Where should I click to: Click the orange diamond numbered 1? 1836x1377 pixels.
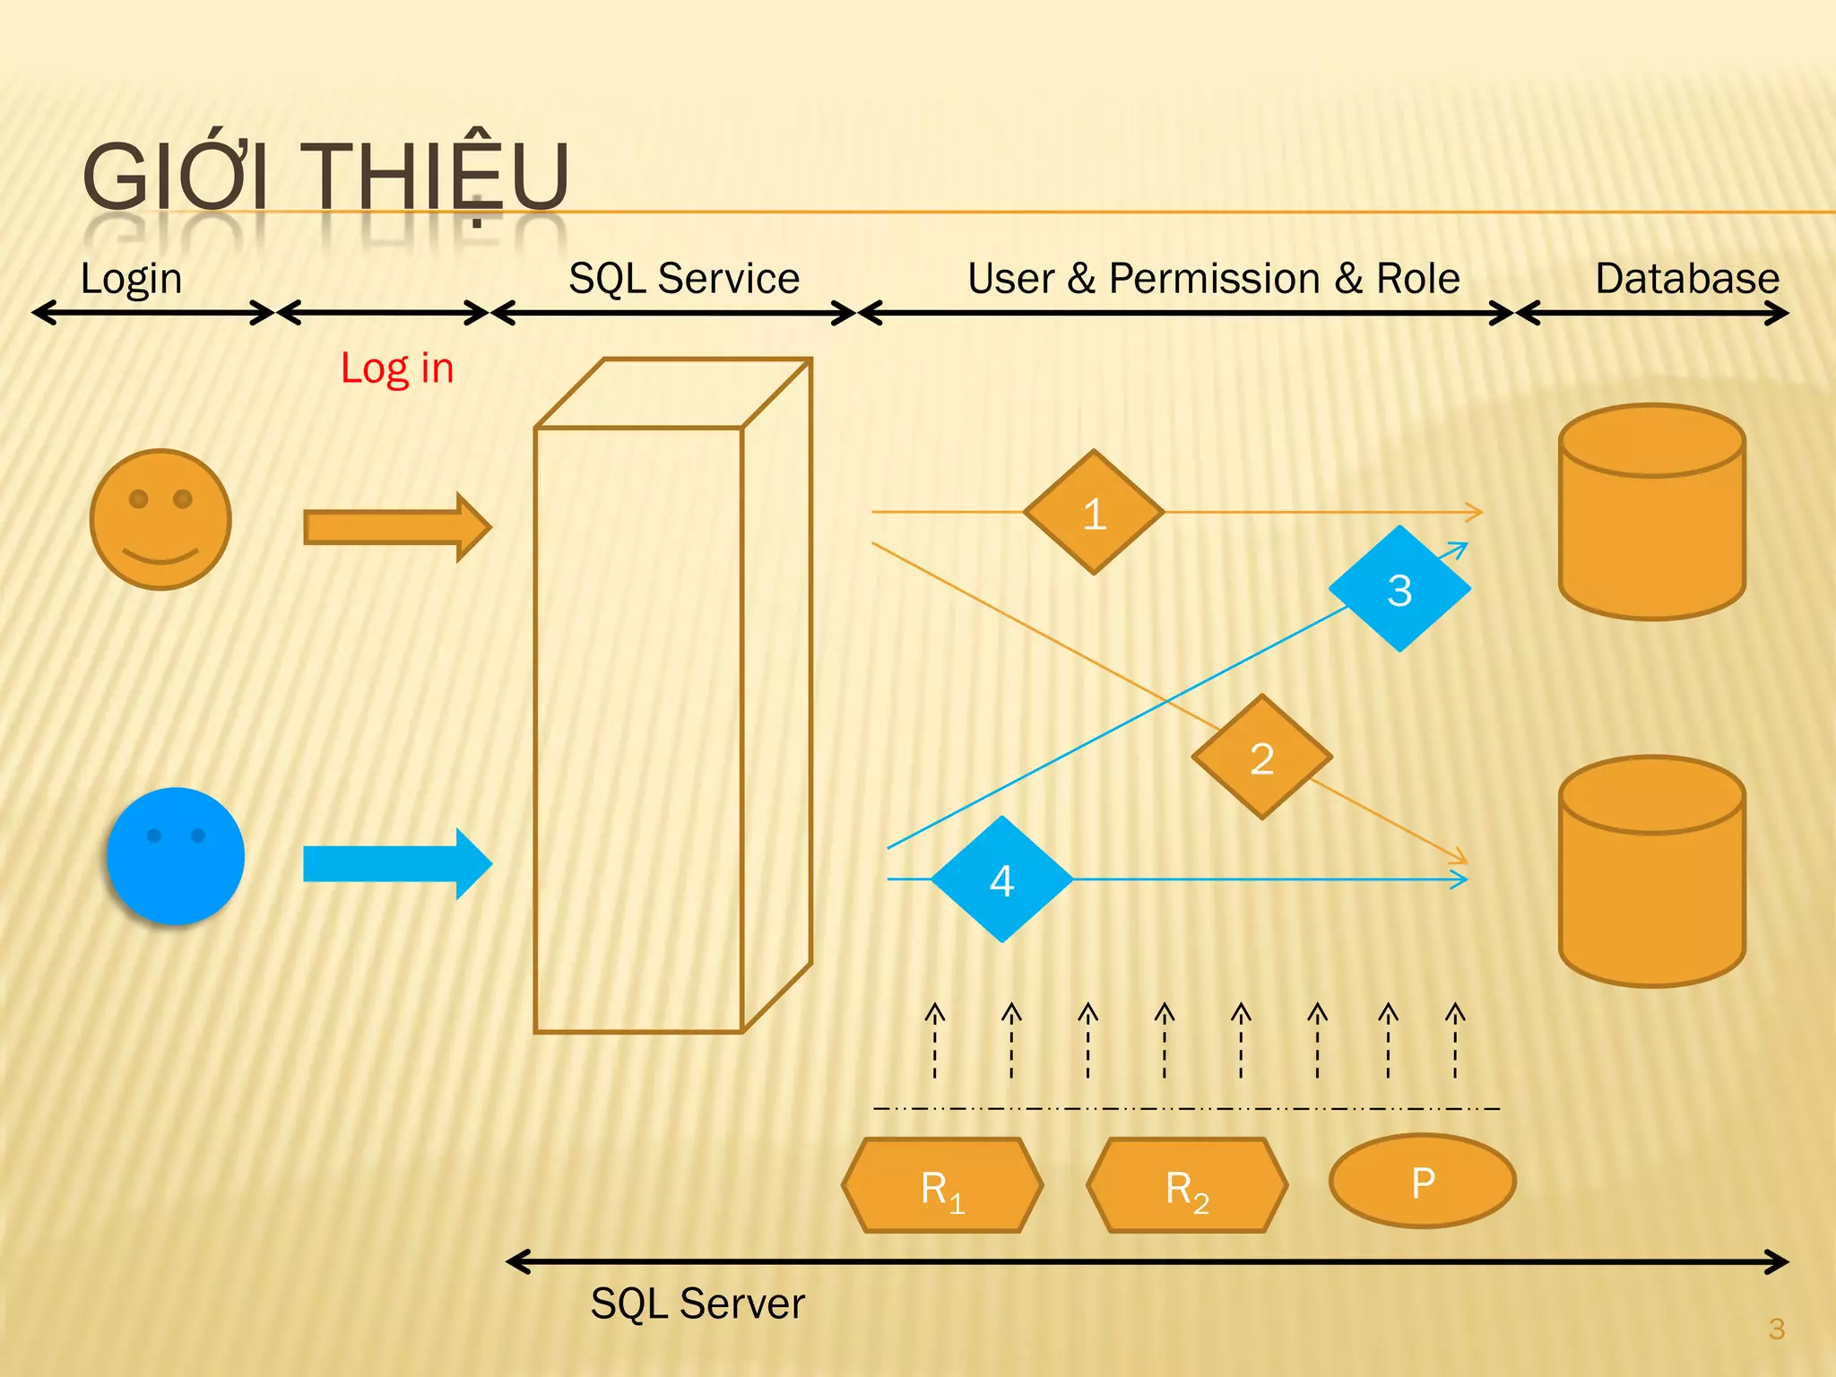1094,513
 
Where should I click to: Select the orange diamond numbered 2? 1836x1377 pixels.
1261,758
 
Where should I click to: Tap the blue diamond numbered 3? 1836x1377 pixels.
1399,589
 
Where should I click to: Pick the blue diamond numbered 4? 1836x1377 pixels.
1001,879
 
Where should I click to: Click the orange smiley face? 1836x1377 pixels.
160,520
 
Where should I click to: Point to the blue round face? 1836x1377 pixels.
176,856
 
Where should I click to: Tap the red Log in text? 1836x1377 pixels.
397,368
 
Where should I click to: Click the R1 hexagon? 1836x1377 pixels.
942,1186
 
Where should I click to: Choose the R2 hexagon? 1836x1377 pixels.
1187,1186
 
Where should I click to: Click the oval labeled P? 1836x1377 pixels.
1423,1182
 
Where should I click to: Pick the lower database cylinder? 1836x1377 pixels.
1651,872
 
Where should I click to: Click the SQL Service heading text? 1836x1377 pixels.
684,279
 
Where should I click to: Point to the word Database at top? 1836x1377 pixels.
1686,279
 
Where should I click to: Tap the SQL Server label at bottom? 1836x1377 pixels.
697,1303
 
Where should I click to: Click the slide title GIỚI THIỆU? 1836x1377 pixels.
325,177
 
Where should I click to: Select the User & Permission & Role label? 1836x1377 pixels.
1213,279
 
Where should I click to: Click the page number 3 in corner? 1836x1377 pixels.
1776,1329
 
